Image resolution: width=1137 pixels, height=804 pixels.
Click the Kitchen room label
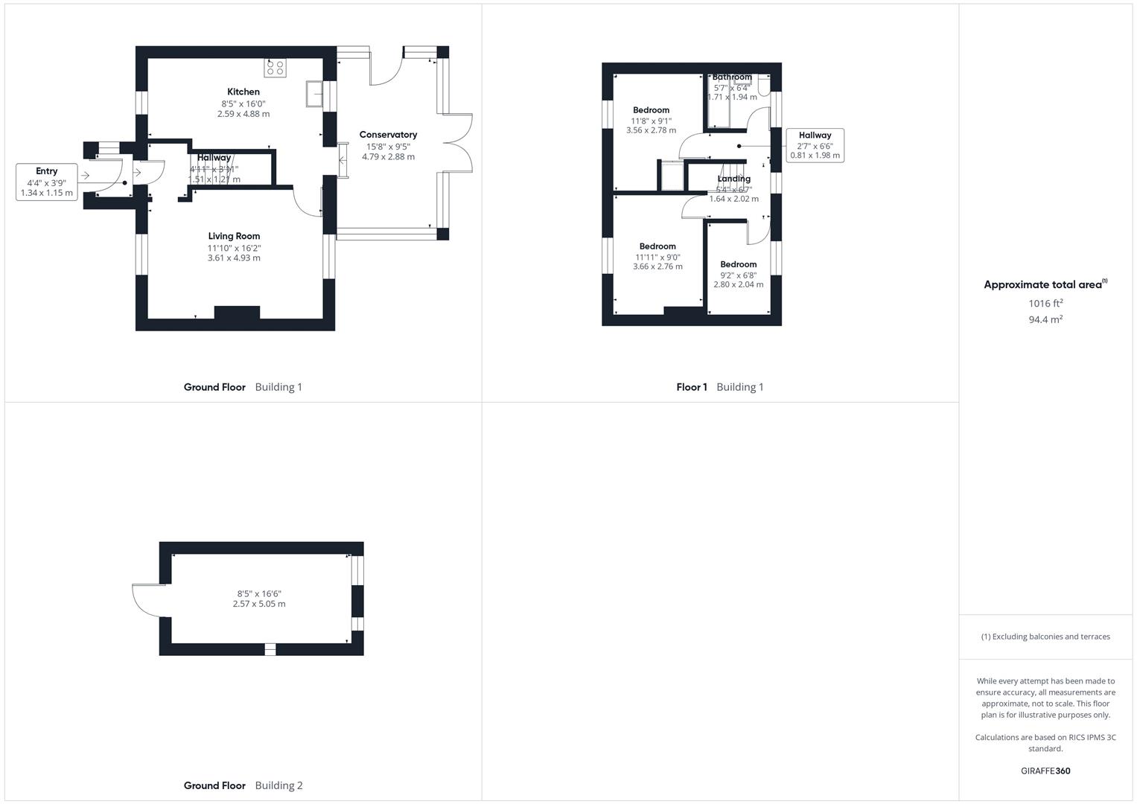coord(243,92)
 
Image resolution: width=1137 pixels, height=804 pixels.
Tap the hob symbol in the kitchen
coord(275,68)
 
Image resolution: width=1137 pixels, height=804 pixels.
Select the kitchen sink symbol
coord(314,95)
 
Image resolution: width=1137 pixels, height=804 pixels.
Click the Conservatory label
coord(388,135)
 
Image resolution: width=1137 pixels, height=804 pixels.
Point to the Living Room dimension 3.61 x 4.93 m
coord(234,258)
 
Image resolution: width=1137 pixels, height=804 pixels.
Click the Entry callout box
coord(47,182)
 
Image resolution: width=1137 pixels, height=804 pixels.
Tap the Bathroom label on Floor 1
coord(732,77)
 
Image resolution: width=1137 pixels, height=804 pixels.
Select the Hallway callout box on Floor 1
coord(815,145)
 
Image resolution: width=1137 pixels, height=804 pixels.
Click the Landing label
coord(733,179)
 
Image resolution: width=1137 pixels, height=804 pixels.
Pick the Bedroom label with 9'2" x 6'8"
coord(738,264)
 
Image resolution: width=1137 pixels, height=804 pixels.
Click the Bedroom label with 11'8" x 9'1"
coord(651,110)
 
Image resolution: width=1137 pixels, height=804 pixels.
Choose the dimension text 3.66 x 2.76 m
coord(657,267)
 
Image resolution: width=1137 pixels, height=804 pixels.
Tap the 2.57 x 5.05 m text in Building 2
coord(259,604)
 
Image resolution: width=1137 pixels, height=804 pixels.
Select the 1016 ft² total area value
coord(1045,303)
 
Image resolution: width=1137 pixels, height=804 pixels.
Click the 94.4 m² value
coord(1045,319)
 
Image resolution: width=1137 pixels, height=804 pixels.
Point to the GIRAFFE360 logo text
coord(1045,770)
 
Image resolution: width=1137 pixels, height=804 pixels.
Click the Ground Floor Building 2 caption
coord(243,785)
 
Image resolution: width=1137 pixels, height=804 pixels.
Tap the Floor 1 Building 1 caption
coord(719,387)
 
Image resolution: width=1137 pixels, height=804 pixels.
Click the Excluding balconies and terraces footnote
coord(1045,636)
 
